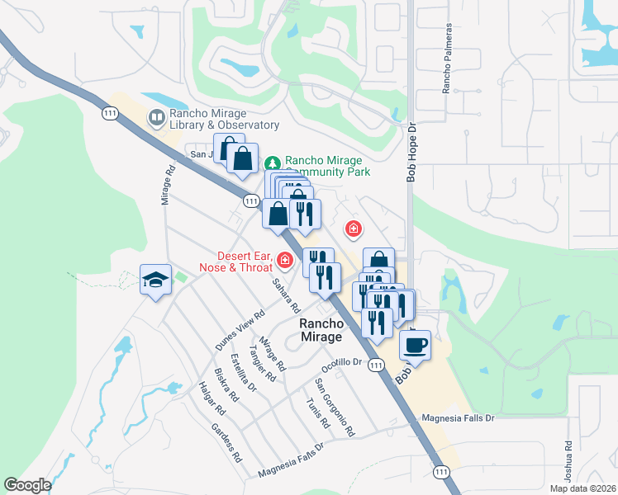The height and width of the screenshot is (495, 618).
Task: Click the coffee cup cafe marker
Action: click(x=416, y=344)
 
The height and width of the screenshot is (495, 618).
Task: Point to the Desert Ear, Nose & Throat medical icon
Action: click(x=285, y=261)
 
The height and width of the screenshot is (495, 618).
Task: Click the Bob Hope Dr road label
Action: click(x=413, y=153)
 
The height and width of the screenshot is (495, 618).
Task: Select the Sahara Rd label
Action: click(x=287, y=295)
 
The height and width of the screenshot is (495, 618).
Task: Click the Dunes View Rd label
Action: click(x=240, y=331)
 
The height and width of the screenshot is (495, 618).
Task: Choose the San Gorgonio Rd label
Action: click(x=334, y=408)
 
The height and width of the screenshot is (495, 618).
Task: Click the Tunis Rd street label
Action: click(x=317, y=412)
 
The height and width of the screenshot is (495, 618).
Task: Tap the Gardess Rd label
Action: click(x=226, y=442)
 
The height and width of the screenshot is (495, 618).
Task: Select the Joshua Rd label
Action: click(x=568, y=455)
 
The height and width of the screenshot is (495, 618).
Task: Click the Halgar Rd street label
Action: click(x=212, y=398)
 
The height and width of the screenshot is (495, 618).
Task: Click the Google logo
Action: click(x=27, y=485)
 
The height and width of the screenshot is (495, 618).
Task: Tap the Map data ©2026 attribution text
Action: click(x=583, y=488)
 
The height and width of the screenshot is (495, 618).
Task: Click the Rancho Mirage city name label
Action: click(x=321, y=331)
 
